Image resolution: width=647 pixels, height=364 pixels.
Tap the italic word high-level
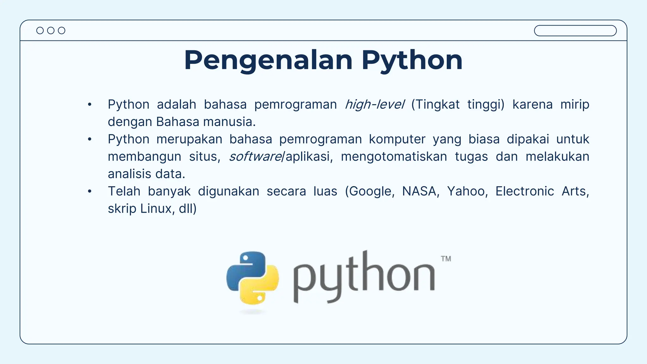(x=374, y=105)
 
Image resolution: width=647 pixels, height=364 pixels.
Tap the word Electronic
(x=524, y=191)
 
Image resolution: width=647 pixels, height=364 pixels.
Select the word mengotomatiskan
(x=394, y=157)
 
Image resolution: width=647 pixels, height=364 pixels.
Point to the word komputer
(x=397, y=139)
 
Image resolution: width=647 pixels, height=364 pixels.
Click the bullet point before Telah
(x=90, y=191)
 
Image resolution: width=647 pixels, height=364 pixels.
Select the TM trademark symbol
(x=446, y=259)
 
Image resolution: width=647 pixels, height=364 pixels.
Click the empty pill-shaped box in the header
(x=575, y=31)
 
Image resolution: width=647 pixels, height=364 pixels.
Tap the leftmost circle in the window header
(x=40, y=31)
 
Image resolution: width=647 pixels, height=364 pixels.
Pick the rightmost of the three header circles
(x=62, y=31)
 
